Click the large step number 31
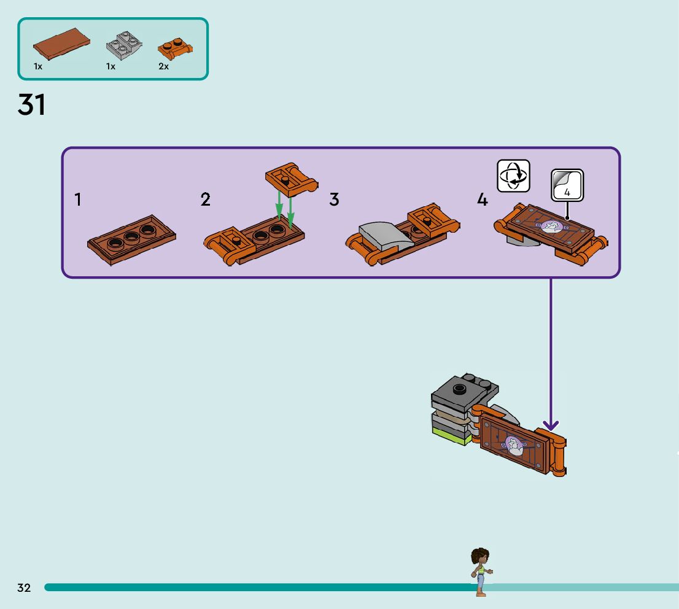pyautogui.click(x=31, y=105)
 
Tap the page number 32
pyautogui.click(x=24, y=588)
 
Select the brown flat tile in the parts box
pyautogui.click(x=61, y=45)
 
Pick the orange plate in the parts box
pyautogui.click(x=175, y=48)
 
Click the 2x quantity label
pyautogui.click(x=163, y=66)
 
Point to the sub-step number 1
pyautogui.click(x=78, y=200)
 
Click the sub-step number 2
pyautogui.click(x=206, y=200)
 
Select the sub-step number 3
pyautogui.click(x=334, y=200)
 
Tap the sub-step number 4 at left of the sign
pyautogui.click(x=483, y=200)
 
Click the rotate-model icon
pyautogui.click(x=513, y=176)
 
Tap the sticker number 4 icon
pyautogui.click(x=567, y=185)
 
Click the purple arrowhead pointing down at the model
pyautogui.click(x=551, y=424)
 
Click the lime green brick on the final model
pyautogui.click(x=453, y=436)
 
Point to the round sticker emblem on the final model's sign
pyautogui.click(x=513, y=443)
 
